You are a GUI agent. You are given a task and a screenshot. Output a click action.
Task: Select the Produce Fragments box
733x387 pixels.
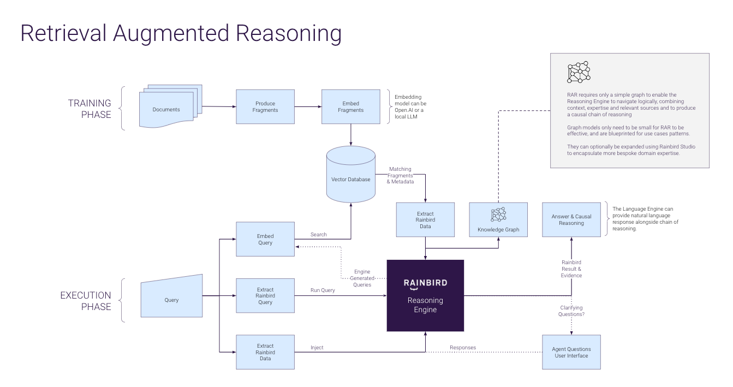[265, 106]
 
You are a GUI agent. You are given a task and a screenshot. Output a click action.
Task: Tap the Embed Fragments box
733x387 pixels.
[350, 106]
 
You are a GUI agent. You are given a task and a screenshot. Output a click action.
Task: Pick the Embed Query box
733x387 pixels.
[265, 239]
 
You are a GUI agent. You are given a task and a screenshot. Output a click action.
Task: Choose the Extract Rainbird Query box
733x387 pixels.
[265, 295]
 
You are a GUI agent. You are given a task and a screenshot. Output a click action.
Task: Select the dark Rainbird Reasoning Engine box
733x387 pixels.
[425, 295]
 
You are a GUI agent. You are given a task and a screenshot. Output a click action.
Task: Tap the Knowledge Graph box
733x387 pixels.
[498, 219]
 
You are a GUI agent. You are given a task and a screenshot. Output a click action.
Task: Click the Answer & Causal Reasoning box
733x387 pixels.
[571, 219]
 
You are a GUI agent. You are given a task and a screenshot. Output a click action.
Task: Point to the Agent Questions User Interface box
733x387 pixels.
[571, 352]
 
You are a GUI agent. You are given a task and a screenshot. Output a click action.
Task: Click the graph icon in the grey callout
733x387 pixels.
[579, 72]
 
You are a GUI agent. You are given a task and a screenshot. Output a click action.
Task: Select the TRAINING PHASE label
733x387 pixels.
[90, 109]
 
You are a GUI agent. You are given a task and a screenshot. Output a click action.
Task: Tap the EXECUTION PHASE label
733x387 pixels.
[86, 301]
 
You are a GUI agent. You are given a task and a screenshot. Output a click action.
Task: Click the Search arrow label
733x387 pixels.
[319, 234]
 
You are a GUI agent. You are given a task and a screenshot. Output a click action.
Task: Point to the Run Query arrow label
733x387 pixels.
[323, 290]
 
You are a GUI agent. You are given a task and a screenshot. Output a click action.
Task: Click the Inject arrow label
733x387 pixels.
[317, 347]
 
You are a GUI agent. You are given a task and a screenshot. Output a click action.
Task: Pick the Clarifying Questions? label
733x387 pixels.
[571, 311]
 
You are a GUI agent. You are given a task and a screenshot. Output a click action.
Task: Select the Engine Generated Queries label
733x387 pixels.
[362, 278]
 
